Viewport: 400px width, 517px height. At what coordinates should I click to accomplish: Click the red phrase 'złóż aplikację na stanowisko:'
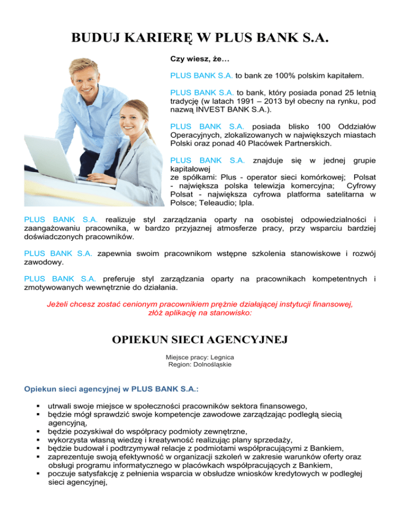(x=200, y=313)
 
